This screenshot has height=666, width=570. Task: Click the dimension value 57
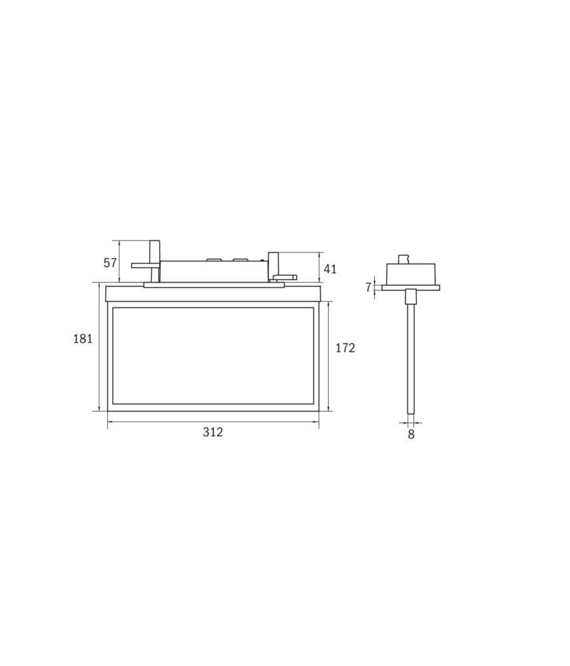pyautogui.click(x=111, y=262)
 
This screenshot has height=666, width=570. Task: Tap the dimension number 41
pyautogui.click(x=330, y=269)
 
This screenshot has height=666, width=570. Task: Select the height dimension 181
pyautogui.click(x=83, y=338)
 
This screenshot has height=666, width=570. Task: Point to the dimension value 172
pyautogui.click(x=345, y=348)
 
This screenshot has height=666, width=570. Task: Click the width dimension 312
pyautogui.click(x=212, y=432)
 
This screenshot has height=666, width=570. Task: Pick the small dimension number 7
pyautogui.click(x=368, y=288)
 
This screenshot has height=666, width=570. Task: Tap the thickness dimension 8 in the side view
pyautogui.click(x=411, y=434)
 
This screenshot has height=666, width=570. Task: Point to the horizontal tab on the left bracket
pyautogui.click(x=141, y=265)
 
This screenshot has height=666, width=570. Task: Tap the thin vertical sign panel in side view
pyautogui.click(x=411, y=360)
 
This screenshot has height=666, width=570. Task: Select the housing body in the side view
pyautogui.click(x=411, y=274)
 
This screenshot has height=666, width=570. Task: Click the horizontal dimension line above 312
pyautogui.click(x=212, y=421)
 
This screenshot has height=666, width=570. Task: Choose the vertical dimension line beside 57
pyautogui.click(x=119, y=261)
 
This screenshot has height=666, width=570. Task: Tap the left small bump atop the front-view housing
pyautogui.click(x=212, y=258)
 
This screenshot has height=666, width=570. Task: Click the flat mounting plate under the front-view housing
pyautogui.click(x=213, y=285)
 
